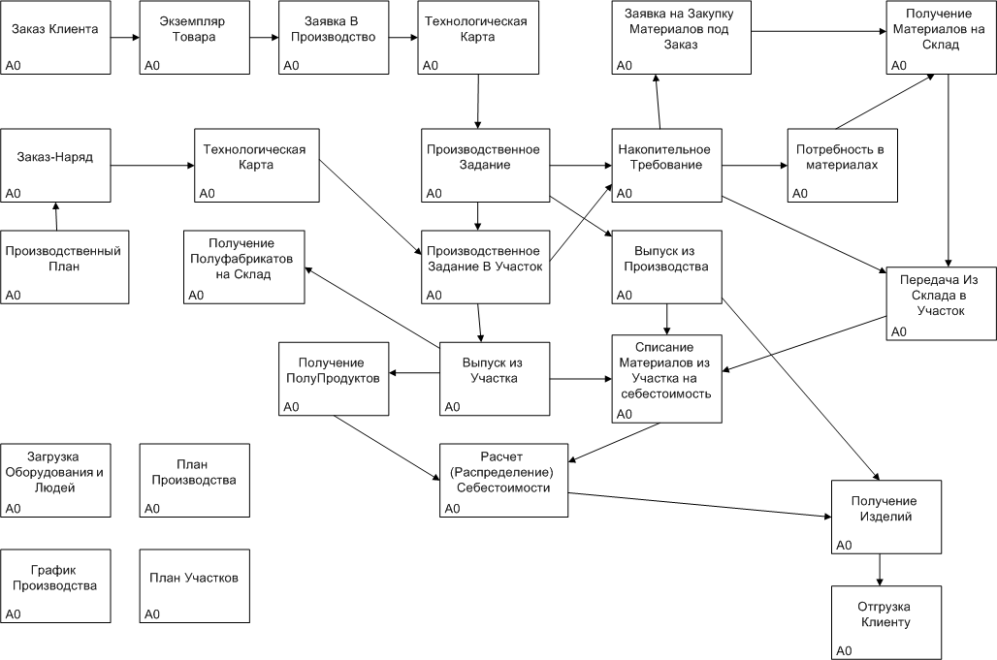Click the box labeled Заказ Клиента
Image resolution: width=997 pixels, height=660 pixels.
(55, 38)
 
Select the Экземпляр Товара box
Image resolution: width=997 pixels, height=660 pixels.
(195, 38)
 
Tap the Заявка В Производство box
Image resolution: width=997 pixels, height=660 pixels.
(334, 38)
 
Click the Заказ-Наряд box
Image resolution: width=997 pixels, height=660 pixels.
(55, 165)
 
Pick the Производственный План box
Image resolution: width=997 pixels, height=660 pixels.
(65, 267)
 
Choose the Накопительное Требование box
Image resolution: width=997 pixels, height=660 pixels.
(667, 165)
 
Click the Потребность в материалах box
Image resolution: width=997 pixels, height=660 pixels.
(843, 165)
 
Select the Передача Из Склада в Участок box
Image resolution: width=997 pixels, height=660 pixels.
(942, 303)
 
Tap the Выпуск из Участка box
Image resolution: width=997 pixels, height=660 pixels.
(495, 379)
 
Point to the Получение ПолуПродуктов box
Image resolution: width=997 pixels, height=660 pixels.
(334, 379)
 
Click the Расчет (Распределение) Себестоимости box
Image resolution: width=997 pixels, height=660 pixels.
(504, 481)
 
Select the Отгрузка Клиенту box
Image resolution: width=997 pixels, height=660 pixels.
(886, 622)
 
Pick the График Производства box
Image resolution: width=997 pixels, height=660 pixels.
(55, 585)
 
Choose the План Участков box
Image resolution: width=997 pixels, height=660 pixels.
(195, 585)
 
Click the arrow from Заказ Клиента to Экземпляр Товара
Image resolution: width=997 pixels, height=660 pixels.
(125, 38)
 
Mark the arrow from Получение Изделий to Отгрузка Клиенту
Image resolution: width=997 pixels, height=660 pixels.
(880, 570)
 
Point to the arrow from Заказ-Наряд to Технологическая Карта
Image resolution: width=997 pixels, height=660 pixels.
(152, 166)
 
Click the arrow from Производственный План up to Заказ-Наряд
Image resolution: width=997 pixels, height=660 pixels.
(56, 216)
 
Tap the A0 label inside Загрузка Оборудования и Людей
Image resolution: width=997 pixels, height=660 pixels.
(13, 508)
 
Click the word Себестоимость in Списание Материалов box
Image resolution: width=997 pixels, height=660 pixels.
(665, 393)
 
